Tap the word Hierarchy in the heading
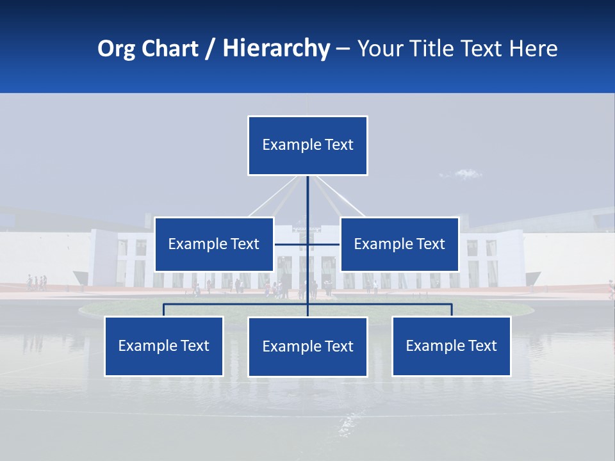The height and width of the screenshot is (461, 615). click(276, 49)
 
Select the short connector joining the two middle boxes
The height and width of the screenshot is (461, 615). click(291, 244)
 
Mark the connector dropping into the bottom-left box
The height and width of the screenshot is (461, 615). click(164, 310)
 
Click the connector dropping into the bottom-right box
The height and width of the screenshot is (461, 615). click(452, 310)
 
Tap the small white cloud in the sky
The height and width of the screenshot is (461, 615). click(468, 173)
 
